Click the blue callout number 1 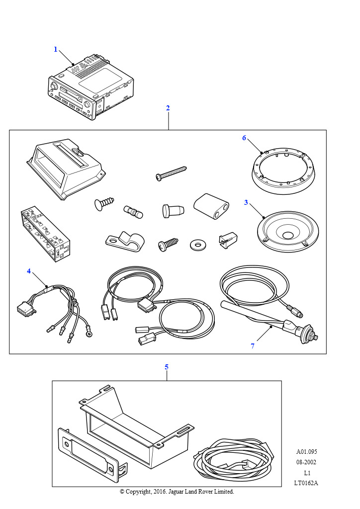click(x=56, y=49)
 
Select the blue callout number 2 click(x=168, y=108)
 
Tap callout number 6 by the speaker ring click(x=244, y=138)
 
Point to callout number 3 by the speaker click(x=246, y=202)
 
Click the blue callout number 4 click(x=29, y=271)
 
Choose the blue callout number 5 click(x=167, y=367)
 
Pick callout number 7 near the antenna click(x=253, y=346)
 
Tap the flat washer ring click(x=197, y=245)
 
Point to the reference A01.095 click(x=306, y=452)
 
